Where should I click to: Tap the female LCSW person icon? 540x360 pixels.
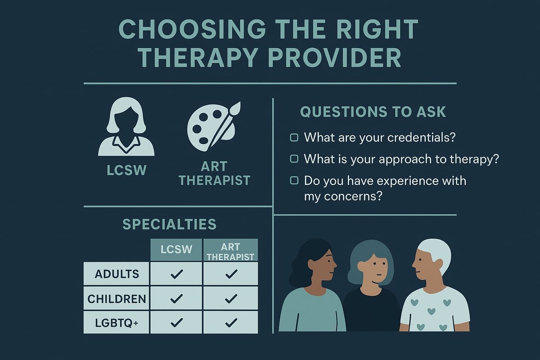pyautogui.click(x=126, y=128)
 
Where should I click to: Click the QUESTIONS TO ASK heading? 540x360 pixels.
pyautogui.click(x=373, y=112)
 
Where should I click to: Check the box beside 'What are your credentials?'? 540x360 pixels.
pyautogui.click(x=294, y=138)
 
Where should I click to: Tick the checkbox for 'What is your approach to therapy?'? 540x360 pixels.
pyautogui.click(x=294, y=159)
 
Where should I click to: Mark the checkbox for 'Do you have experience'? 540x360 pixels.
pyautogui.click(x=294, y=181)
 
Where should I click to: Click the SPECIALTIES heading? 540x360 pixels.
pyautogui.click(x=169, y=224)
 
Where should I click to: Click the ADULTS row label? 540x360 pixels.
pyautogui.click(x=117, y=274)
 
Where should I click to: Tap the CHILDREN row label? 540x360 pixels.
pyautogui.click(x=117, y=298)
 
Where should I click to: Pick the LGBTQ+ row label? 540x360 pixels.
pyautogui.click(x=117, y=322)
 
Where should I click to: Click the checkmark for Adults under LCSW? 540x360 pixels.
pyautogui.click(x=176, y=274)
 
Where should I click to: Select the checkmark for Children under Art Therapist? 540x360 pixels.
pyautogui.click(x=231, y=298)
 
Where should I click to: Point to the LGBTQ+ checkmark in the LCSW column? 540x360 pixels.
pyautogui.click(x=176, y=322)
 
